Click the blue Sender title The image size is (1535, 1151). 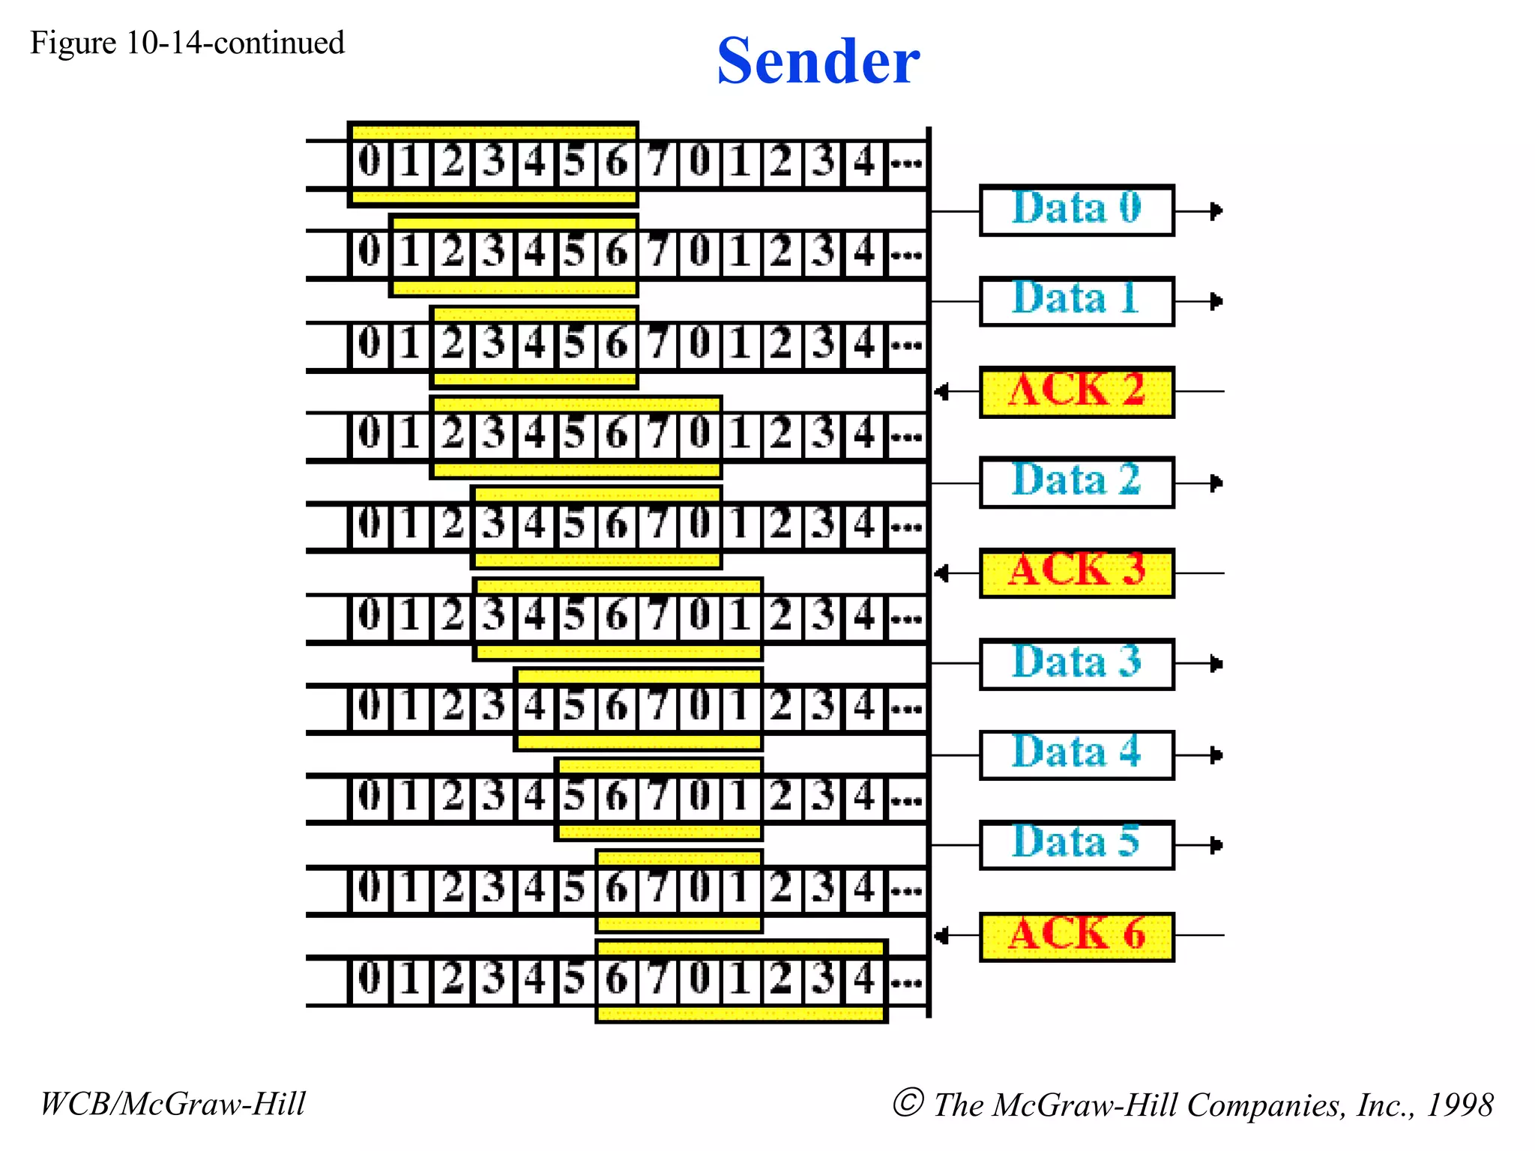pyautogui.click(x=818, y=61)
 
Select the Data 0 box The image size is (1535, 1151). pyautogui.click(x=1076, y=211)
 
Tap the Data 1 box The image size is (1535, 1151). pyautogui.click(x=1076, y=301)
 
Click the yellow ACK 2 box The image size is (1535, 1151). pyautogui.click(x=1076, y=392)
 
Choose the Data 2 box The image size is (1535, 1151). pyautogui.click(x=1076, y=483)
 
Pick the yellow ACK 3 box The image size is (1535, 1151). pyautogui.click(x=1076, y=573)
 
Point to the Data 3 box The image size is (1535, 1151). pyautogui.click(x=1076, y=664)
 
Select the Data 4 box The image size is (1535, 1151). pyautogui.click(x=1076, y=755)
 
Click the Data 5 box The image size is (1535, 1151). pyautogui.click(x=1076, y=845)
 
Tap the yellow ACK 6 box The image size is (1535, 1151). pyautogui.click(x=1076, y=936)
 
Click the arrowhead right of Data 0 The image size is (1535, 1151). pyautogui.click(x=1217, y=211)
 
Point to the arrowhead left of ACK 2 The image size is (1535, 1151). pyautogui.click(x=941, y=392)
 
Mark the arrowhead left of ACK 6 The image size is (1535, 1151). pyautogui.click(x=941, y=936)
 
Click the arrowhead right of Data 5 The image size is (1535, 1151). pyautogui.click(x=1217, y=845)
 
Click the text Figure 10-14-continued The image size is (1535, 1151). pyautogui.click(x=187, y=43)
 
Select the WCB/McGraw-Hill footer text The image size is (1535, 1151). pyautogui.click(x=173, y=1104)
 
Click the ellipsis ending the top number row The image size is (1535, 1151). pyautogui.click(x=906, y=163)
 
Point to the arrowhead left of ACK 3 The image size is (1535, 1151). pyautogui.click(x=941, y=573)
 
